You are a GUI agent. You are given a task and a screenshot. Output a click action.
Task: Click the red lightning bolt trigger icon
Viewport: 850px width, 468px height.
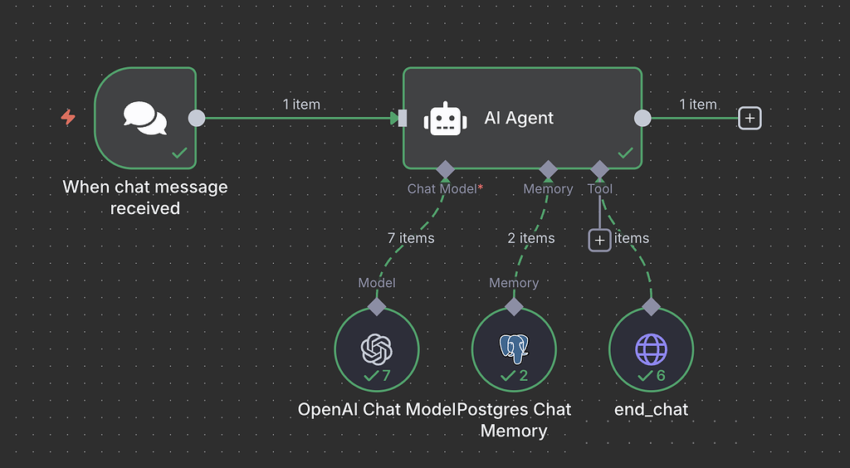click(68, 118)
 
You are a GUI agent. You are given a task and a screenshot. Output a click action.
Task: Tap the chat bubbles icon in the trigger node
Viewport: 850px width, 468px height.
click(144, 118)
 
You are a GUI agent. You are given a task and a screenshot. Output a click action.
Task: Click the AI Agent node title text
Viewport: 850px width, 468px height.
click(519, 119)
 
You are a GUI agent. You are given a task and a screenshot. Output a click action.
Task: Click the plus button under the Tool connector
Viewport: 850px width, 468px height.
click(599, 240)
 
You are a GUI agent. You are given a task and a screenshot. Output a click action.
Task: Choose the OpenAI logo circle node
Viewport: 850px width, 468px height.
click(376, 349)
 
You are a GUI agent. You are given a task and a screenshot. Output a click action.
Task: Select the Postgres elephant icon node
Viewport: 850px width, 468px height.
click(514, 349)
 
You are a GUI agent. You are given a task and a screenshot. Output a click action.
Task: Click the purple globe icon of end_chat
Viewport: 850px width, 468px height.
click(651, 349)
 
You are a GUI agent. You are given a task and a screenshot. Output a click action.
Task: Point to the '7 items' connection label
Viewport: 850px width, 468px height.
click(411, 238)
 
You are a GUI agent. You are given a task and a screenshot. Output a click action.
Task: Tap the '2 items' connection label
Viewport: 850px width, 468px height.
click(531, 238)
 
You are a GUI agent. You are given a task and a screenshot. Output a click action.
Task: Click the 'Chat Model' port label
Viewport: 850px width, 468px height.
click(442, 189)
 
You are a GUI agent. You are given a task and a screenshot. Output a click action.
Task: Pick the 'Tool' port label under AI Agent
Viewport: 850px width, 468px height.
click(600, 189)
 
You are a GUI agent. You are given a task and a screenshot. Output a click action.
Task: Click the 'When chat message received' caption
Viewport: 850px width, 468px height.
click(145, 197)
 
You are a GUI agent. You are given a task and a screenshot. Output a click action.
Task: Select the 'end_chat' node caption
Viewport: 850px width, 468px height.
click(651, 409)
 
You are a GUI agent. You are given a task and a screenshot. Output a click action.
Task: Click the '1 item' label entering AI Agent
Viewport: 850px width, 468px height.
click(301, 105)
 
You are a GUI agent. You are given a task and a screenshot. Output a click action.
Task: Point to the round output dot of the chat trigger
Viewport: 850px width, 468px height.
click(197, 118)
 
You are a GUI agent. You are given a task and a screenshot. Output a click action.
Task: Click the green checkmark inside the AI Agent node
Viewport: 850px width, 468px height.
click(625, 153)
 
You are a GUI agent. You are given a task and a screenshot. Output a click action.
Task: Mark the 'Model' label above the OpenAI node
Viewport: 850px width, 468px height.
click(377, 283)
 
